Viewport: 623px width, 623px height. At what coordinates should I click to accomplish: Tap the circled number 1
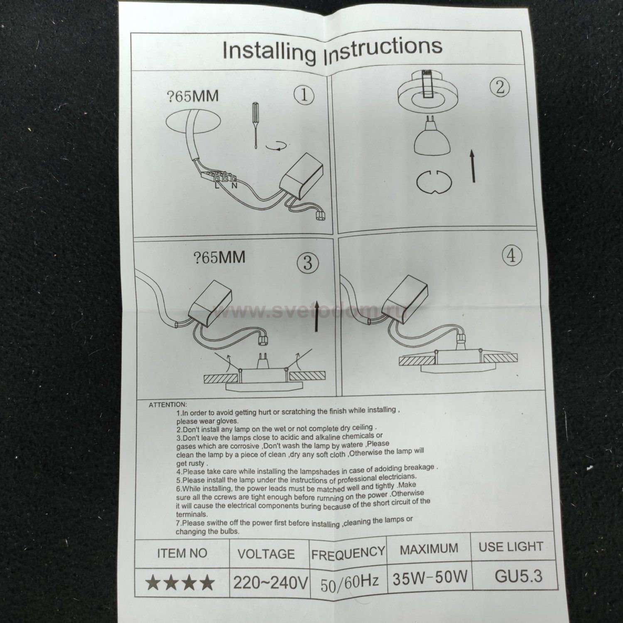pos(304,96)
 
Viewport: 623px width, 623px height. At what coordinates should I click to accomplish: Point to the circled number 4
pos(512,256)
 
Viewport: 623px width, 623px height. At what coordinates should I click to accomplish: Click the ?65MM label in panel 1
pos(192,96)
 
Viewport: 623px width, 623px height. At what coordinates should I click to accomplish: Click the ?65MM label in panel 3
pos(219,257)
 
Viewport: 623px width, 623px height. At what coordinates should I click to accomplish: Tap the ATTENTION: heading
pos(168,405)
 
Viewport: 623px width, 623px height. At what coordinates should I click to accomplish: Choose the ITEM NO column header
pos(182,553)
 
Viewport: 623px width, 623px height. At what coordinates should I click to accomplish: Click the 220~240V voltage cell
pos(270,584)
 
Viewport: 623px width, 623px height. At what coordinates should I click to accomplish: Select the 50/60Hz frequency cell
pos(350,581)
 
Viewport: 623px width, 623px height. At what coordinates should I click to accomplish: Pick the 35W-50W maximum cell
pos(430,577)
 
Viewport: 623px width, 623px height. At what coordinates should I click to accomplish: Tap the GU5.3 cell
pos(519,576)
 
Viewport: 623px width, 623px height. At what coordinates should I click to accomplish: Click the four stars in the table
pos(181,583)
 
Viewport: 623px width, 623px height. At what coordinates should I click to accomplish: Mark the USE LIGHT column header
pos(511,547)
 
